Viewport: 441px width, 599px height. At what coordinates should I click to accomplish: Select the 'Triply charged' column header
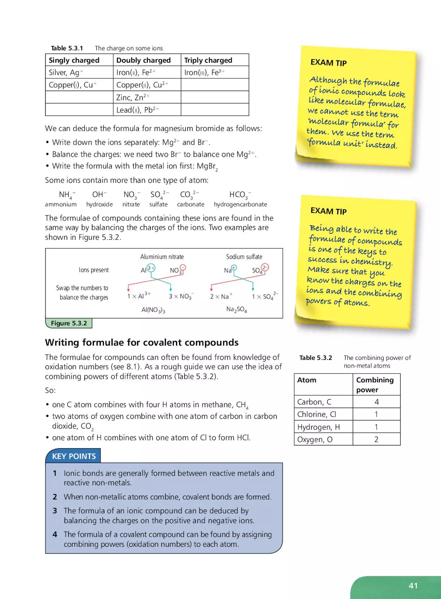(208, 60)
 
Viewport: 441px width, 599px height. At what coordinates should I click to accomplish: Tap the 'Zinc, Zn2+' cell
(133, 98)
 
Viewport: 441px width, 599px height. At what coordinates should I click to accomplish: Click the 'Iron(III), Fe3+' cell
(204, 72)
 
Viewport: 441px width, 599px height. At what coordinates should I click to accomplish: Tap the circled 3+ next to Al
(151, 268)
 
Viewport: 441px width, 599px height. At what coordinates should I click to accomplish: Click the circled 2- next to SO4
(265, 267)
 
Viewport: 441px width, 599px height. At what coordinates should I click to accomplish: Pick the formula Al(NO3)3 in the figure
(153, 310)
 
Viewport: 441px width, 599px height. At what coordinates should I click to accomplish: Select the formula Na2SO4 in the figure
(236, 309)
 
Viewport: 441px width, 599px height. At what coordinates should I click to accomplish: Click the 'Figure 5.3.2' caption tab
(69, 323)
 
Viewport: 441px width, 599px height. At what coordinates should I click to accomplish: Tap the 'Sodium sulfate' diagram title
(244, 257)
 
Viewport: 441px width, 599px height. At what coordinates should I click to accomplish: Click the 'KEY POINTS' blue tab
(74, 456)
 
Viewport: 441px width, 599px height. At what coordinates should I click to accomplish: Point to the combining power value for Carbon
(376, 402)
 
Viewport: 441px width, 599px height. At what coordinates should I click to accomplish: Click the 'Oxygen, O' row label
(315, 439)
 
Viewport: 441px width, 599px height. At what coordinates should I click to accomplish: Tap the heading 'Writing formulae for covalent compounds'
(141, 343)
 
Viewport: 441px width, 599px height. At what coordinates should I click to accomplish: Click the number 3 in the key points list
(55, 511)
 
